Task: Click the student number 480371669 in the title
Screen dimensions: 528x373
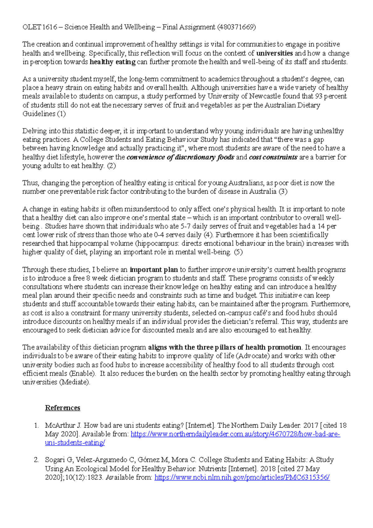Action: tap(237, 27)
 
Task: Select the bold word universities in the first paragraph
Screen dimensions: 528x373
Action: tap(274, 53)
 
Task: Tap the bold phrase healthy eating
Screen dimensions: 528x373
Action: tap(113, 62)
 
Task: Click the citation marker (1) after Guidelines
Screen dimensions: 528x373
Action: tap(61, 114)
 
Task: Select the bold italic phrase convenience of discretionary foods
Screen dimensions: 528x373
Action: tap(180, 157)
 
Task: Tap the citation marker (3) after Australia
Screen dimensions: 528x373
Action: tap(283, 192)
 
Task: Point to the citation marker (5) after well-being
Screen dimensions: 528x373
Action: tap(238, 252)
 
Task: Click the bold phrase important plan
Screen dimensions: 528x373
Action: tap(154, 270)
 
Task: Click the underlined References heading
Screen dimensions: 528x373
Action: tap(62, 408)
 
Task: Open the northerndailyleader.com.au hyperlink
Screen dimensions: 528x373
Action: tap(235, 434)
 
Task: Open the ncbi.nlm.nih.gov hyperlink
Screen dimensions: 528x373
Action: tap(242, 477)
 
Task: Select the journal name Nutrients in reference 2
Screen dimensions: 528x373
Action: tap(213, 469)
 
